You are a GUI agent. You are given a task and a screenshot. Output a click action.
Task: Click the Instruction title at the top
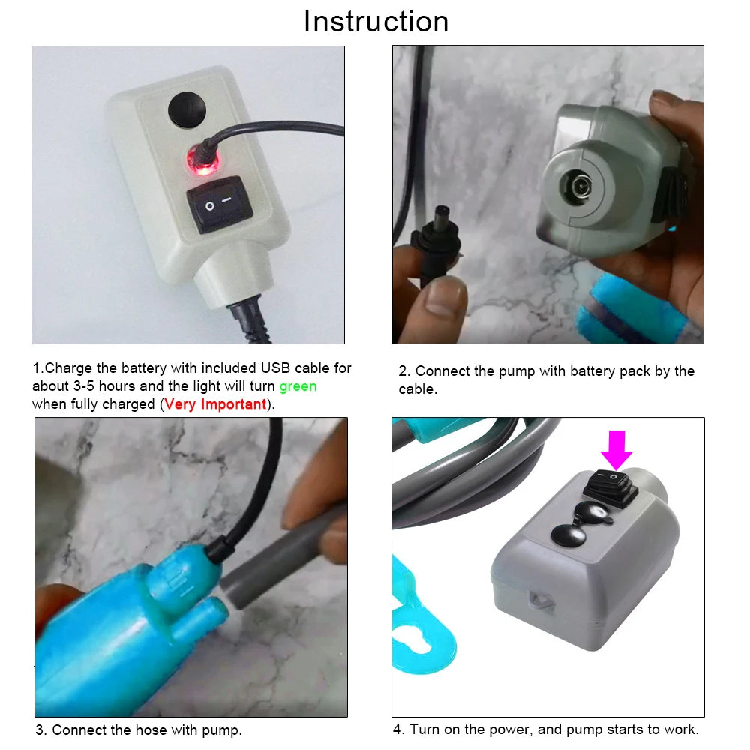376,21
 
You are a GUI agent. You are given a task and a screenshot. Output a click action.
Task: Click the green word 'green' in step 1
298,386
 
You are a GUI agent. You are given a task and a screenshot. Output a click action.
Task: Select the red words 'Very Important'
215,404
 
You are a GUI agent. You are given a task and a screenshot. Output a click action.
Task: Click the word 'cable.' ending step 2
417,389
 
